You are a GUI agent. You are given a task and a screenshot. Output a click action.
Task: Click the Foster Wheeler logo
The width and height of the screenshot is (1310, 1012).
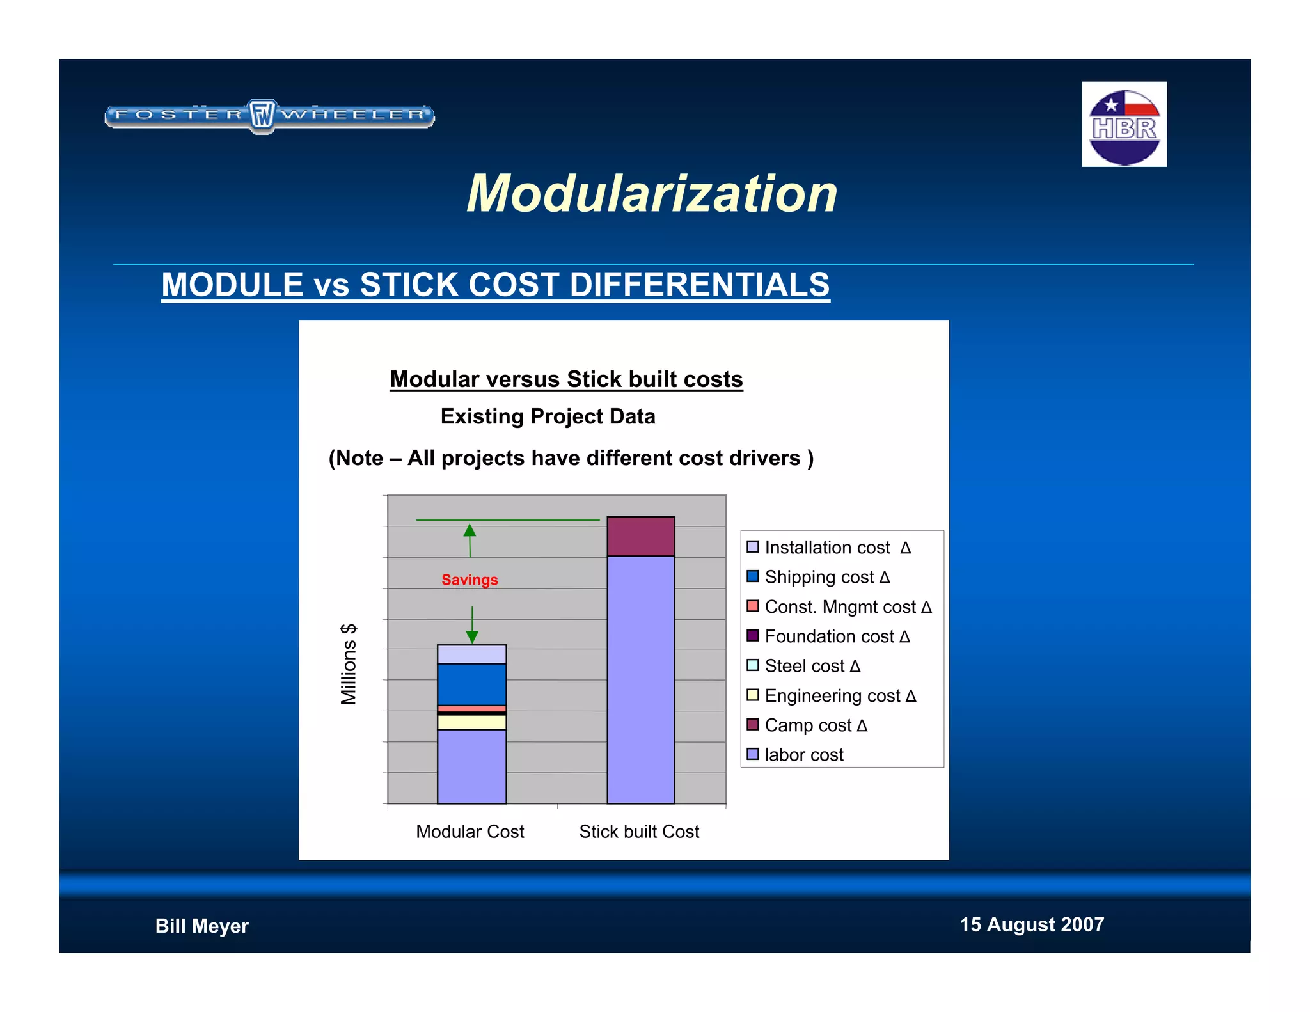coord(269,116)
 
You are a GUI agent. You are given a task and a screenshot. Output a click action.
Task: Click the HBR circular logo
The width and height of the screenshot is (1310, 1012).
coord(1124,125)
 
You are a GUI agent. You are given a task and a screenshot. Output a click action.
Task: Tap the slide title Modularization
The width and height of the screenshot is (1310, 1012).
coord(652,194)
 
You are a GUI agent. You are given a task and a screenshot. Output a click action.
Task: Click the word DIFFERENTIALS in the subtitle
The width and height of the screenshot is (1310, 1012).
coord(699,285)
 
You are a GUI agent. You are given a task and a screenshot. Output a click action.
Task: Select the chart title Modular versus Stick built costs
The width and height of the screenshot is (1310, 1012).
coord(566,379)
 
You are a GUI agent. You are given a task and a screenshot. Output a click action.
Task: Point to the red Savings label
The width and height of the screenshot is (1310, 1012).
coord(470,580)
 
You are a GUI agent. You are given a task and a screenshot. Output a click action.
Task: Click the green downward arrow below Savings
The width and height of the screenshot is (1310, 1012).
coord(472,626)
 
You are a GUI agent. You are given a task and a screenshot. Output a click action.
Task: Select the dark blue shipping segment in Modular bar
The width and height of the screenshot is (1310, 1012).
coord(471,684)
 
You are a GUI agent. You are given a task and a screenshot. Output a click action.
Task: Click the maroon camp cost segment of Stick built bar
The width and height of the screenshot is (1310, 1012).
coord(640,536)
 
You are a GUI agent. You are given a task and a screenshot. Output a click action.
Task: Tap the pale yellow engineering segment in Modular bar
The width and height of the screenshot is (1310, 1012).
coord(471,722)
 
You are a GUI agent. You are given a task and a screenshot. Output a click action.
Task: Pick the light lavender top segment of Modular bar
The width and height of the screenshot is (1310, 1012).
coord(471,654)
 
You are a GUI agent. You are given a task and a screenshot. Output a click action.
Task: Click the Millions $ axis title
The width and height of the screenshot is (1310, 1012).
coord(349,664)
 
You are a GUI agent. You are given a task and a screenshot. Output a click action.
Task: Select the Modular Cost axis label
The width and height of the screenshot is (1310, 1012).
coord(470,832)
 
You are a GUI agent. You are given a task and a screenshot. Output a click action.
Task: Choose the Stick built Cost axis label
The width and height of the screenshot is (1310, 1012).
coord(639,832)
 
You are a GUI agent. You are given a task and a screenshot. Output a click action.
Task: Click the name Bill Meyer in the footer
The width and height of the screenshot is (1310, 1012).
coord(201,926)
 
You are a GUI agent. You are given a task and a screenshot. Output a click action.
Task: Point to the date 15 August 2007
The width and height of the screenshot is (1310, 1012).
coord(1031,924)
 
